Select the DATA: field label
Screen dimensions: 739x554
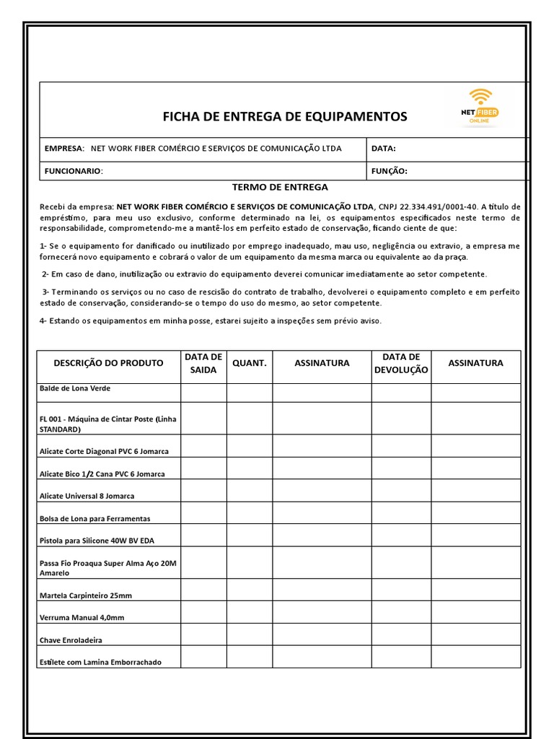(383, 149)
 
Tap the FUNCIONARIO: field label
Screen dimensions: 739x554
(74, 171)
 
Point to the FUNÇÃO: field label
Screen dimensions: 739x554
(389, 171)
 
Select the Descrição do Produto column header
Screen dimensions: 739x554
(108, 363)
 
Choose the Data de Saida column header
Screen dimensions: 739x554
(203, 363)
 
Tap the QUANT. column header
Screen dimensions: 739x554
(250, 363)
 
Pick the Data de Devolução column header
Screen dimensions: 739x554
(401, 363)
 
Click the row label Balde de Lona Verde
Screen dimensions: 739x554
(74, 388)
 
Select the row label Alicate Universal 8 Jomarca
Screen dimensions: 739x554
(87, 496)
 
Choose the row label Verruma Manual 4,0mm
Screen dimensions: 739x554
(82, 618)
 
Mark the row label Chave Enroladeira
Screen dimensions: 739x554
(71, 639)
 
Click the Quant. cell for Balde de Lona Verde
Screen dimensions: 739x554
(250, 393)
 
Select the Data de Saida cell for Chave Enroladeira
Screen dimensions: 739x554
(203, 634)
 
